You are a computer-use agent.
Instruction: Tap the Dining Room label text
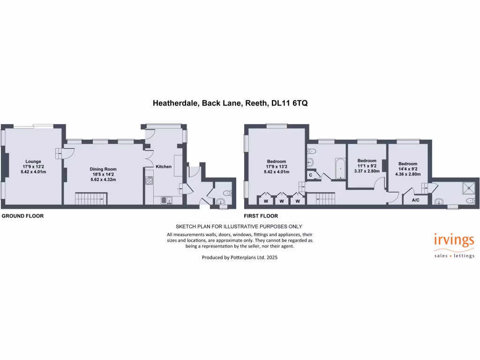103,169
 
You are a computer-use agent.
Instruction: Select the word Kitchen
164,166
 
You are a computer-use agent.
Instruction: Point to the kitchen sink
166,201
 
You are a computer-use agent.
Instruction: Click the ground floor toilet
227,193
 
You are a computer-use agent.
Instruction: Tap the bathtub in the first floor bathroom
340,168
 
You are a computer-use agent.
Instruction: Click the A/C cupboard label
415,201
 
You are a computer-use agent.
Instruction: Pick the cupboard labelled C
311,175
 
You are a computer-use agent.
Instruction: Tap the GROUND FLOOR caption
22,216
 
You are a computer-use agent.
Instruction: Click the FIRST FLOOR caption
261,216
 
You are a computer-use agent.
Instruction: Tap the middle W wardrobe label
281,201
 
